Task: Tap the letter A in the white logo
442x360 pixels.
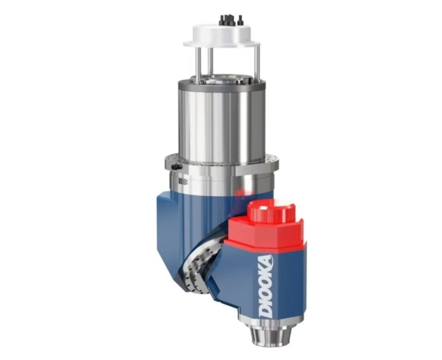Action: [x=267, y=261]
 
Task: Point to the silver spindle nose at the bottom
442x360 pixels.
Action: [x=267, y=333]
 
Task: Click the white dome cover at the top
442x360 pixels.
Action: [x=221, y=36]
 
